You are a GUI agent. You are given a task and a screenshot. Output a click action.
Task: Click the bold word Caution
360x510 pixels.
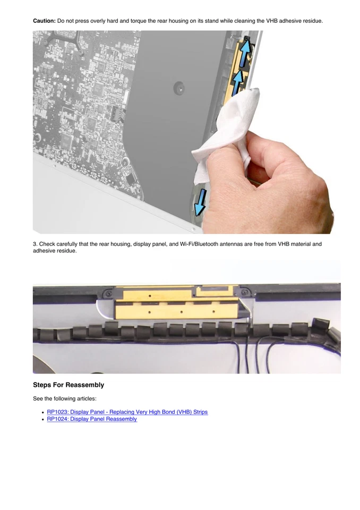[44, 21]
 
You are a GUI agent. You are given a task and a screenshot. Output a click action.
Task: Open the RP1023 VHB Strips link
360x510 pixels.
[127, 412]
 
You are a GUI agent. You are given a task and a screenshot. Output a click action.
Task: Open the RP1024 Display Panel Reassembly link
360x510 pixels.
[92, 419]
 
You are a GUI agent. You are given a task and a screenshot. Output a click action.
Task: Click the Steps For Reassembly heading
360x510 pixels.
[68, 385]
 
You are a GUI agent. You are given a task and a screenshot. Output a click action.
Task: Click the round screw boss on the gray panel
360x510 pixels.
[179, 86]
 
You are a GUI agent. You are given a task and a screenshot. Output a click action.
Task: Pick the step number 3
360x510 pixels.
[35, 244]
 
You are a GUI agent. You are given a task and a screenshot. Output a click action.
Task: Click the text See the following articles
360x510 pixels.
[64, 398]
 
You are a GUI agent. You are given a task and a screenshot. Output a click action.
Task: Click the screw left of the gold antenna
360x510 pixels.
[108, 293]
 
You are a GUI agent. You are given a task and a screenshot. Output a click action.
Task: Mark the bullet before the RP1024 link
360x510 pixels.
[42, 419]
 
